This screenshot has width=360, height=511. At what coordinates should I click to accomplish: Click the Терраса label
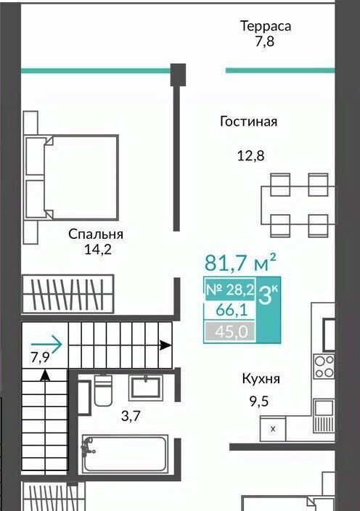click(x=266, y=26)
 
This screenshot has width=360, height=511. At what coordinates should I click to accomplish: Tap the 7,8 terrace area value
click(x=264, y=41)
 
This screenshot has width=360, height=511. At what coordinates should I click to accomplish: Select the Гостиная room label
click(x=248, y=121)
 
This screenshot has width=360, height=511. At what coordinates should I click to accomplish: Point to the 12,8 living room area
click(x=250, y=156)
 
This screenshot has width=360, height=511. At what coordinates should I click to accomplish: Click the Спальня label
click(x=96, y=234)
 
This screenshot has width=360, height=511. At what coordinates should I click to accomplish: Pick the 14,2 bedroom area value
click(x=98, y=250)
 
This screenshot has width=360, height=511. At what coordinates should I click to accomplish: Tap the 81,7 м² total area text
click(x=241, y=263)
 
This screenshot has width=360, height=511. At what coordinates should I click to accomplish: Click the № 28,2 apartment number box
click(x=230, y=290)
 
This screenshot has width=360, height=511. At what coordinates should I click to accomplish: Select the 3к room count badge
click(x=268, y=295)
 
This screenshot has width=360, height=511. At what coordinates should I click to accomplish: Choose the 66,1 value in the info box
click(x=232, y=310)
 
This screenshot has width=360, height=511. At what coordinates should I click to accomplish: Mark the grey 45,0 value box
click(x=230, y=332)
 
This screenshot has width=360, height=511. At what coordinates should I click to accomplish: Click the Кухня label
click(x=261, y=380)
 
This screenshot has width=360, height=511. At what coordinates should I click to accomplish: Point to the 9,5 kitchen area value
click(x=259, y=401)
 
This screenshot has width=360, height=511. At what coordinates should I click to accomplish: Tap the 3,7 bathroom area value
click(x=131, y=416)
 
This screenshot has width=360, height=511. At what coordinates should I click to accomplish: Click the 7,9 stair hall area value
click(x=40, y=357)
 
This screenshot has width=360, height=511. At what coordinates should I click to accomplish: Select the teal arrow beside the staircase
click(x=46, y=344)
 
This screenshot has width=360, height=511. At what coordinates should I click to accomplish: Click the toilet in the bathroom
click(x=103, y=390)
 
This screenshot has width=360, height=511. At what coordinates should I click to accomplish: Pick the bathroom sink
click(x=146, y=388)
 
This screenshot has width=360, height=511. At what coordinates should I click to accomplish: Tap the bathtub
click(x=125, y=454)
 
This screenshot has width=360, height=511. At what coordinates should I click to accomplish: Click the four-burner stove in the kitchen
click(x=324, y=367)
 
